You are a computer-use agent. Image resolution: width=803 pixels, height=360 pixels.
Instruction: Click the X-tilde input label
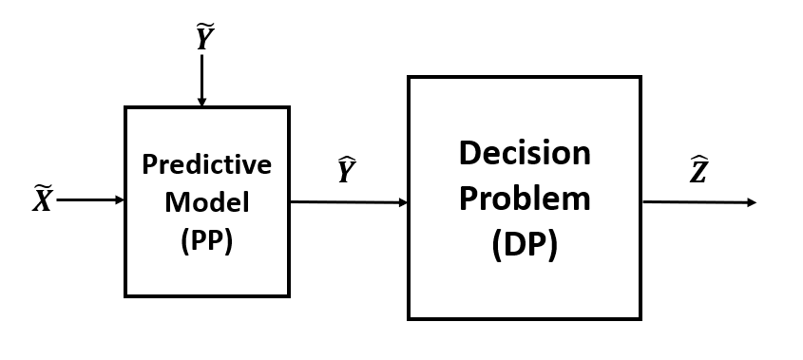(42, 199)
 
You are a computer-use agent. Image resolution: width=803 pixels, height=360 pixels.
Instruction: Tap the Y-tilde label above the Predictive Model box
(203, 38)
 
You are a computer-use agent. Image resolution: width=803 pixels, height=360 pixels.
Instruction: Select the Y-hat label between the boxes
(347, 171)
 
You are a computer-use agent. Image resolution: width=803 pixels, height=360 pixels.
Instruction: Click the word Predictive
(206, 164)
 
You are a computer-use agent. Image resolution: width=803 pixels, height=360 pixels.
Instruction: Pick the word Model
(206, 202)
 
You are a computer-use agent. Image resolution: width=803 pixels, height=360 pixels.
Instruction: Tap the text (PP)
(206, 241)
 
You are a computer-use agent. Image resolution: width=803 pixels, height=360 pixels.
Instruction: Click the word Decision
(524, 153)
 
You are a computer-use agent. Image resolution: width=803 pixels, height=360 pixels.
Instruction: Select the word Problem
(524, 199)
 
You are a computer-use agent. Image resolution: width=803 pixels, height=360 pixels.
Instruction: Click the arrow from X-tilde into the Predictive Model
(90, 200)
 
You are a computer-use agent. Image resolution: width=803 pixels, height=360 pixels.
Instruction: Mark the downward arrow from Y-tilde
(201, 81)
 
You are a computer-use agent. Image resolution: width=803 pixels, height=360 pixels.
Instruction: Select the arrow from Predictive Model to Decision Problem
(349, 201)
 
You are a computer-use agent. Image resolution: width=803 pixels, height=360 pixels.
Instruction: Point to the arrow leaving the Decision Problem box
(698, 202)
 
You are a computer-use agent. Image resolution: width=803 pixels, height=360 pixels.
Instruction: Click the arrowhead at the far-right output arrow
(752, 202)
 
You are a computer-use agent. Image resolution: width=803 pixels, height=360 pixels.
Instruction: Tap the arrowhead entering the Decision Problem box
(403, 202)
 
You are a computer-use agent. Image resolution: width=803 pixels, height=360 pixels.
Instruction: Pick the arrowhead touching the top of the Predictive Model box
(201, 102)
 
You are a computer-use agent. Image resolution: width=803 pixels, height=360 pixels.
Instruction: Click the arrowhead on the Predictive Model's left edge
(120, 200)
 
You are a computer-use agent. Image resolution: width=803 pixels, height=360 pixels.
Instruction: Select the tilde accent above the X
(42, 187)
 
